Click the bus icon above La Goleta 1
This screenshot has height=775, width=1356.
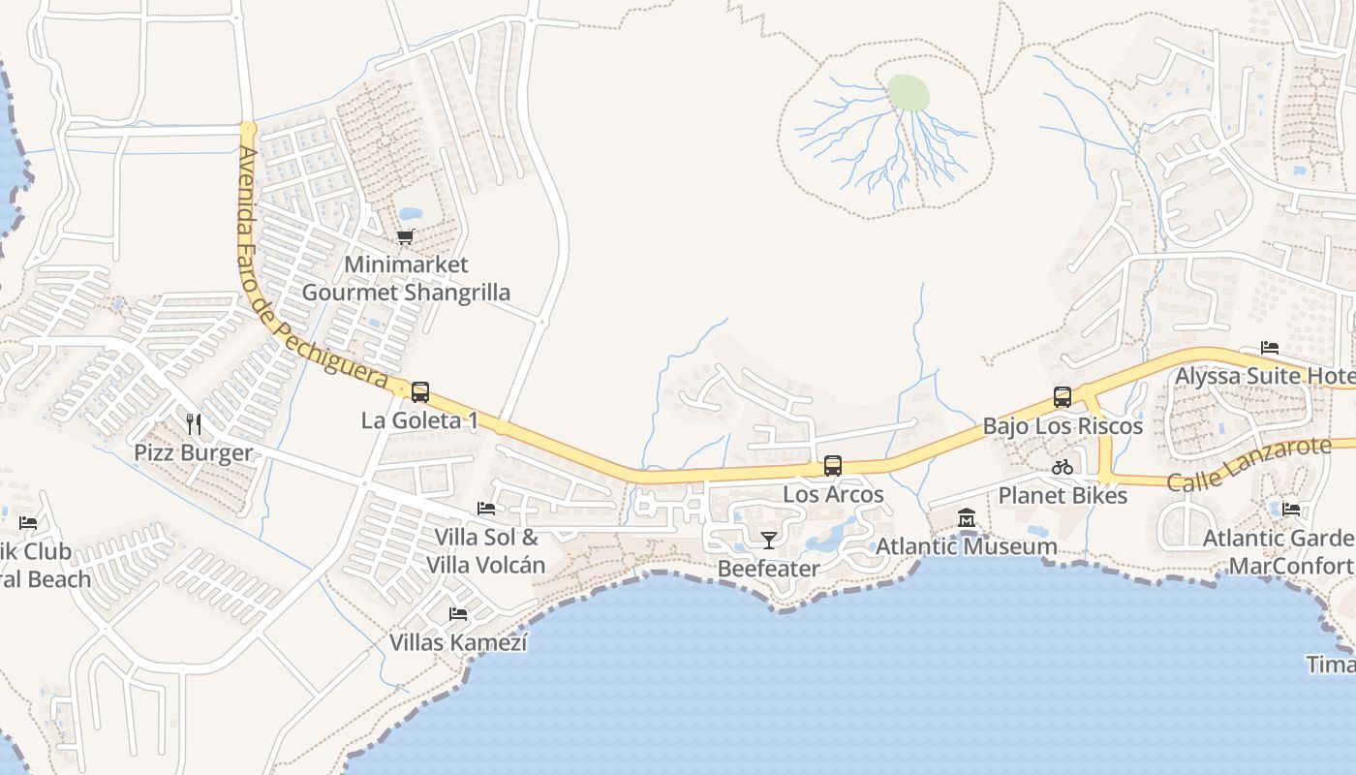point(420,392)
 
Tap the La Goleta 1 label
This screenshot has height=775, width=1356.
point(419,420)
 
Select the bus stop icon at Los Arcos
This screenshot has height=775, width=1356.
point(833,466)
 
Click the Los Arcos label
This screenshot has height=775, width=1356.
point(833,494)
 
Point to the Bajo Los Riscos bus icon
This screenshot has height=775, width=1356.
point(1063,397)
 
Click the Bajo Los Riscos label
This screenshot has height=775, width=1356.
point(1063,426)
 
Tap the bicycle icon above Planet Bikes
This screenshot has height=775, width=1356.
point(1063,467)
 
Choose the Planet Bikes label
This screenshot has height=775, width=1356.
point(1063,496)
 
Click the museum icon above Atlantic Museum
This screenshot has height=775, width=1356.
point(967,518)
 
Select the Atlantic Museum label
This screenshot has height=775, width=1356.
point(967,546)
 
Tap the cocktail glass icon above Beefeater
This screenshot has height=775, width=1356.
point(769,540)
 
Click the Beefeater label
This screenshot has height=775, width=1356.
point(769,569)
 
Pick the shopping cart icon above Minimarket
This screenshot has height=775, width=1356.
point(406,236)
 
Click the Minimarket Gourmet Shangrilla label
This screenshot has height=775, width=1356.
point(406,278)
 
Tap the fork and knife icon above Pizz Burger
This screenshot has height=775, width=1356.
point(194,423)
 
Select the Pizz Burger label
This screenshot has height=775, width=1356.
point(193,452)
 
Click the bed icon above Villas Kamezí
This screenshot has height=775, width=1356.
point(458,613)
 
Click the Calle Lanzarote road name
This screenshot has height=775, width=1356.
point(1249,464)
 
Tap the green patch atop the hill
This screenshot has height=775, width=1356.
point(909,94)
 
